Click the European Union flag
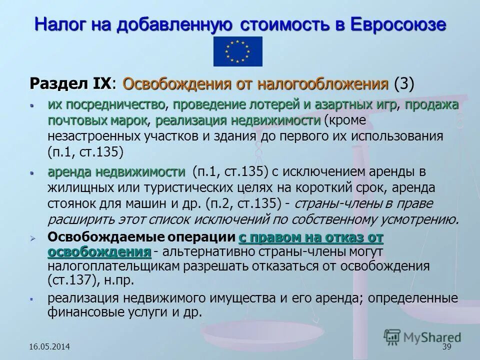pyautogui.click(x=237, y=51)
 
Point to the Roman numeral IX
pyautogui.click(x=102, y=83)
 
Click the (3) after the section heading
pyautogui.click(x=404, y=83)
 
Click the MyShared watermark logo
pyautogui.click(x=422, y=337)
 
